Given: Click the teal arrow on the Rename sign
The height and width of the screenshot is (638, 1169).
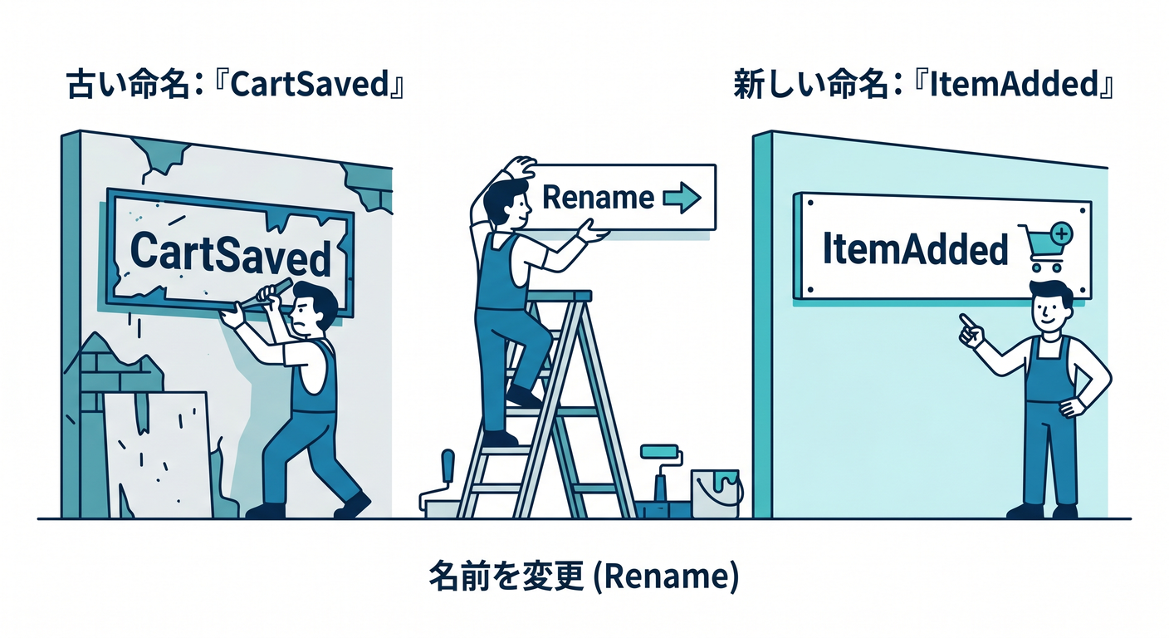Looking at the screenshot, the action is (x=682, y=199).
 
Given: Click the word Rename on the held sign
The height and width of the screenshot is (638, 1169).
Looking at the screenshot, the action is (x=598, y=198).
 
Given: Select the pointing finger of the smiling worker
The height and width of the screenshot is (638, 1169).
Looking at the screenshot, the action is (x=967, y=321).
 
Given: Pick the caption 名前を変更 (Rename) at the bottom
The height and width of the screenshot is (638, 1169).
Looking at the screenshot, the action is (x=584, y=577).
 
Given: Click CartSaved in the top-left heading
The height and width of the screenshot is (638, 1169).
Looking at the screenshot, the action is (x=310, y=84).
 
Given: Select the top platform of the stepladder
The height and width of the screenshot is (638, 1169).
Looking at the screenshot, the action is (x=559, y=296).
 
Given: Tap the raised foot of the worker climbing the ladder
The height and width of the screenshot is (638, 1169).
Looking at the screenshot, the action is (x=523, y=397).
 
